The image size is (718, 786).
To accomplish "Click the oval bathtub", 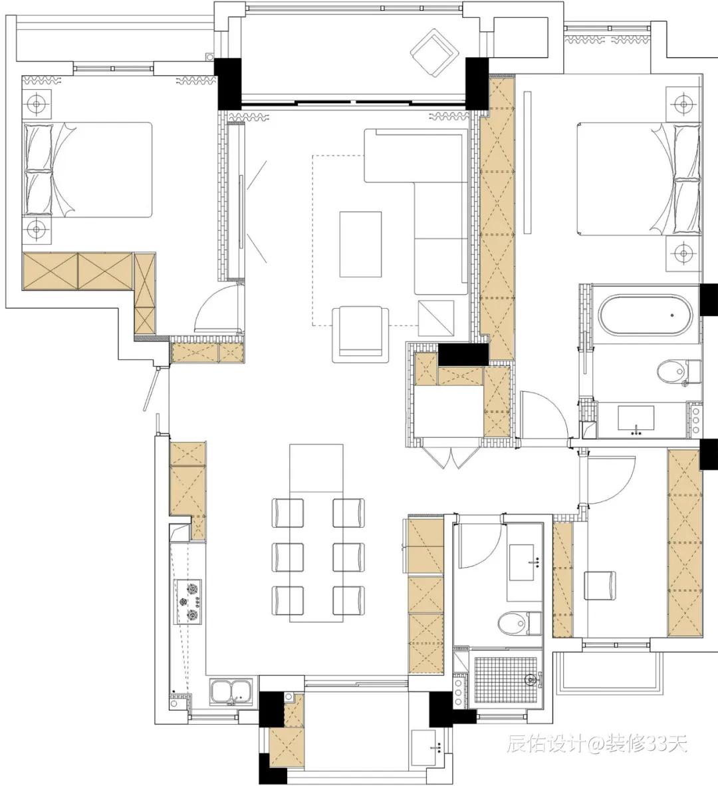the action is click(646, 315).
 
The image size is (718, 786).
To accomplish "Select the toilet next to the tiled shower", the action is click(520, 624).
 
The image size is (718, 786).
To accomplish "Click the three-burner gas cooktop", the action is click(187, 602).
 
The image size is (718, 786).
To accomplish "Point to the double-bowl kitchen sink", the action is click(231, 692).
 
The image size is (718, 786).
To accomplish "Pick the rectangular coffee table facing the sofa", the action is click(360, 244).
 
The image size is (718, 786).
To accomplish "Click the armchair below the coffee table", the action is click(360, 334).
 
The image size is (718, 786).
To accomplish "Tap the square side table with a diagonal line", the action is click(436, 318).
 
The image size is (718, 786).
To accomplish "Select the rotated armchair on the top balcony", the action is click(435, 53).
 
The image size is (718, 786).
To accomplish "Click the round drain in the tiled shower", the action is click(531, 680).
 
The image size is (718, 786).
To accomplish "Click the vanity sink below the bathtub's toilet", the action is click(636, 419).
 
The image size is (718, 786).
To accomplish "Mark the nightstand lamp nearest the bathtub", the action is click(683, 252).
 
